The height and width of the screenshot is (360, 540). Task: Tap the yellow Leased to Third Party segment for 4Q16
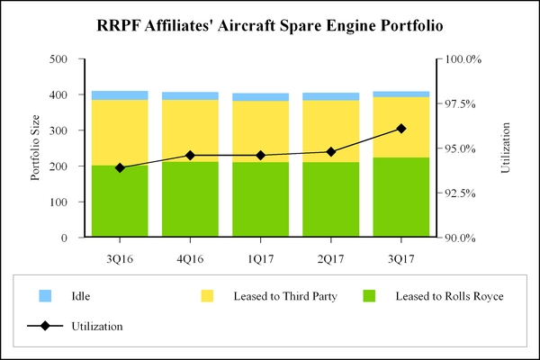(x=190, y=130)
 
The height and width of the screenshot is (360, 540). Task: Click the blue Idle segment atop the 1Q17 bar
(x=260, y=97)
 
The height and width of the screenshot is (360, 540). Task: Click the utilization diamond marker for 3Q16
(x=120, y=167)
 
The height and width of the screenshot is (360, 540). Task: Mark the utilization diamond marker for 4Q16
(x=190, y=156)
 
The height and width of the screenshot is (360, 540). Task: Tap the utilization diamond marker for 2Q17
(x=330, y=152)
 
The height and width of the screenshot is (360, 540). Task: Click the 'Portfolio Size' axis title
(x=36, y=148)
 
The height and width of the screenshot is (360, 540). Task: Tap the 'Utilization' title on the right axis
(x=505, y=148)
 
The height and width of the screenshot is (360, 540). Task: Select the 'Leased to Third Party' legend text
(x=284, y=296)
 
